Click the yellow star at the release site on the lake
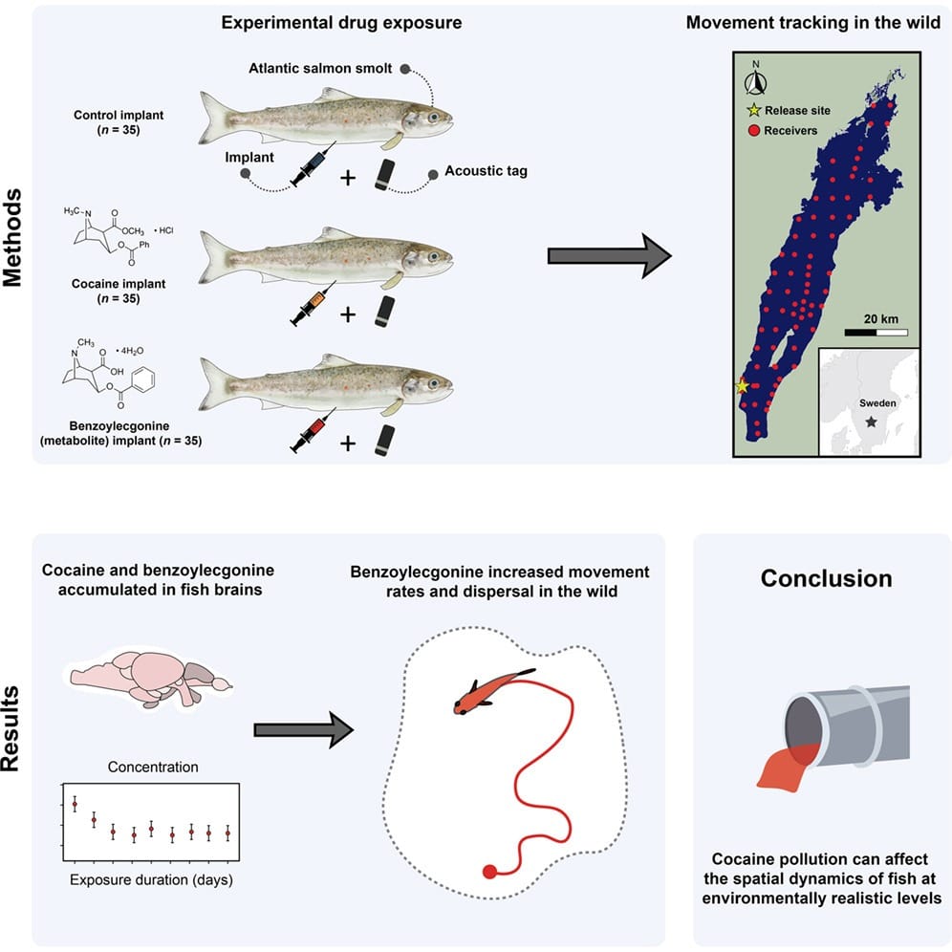[x=741, y=386]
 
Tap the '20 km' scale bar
[x=876, y=333]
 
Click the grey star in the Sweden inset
[x=870, y=421]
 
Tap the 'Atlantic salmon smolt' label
[x=328, y=69]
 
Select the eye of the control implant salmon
[x=435, y=118]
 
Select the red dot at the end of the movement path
[x=489, y=871]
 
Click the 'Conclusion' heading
[x=826, y=578]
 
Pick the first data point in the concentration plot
[x=75, y=804]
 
